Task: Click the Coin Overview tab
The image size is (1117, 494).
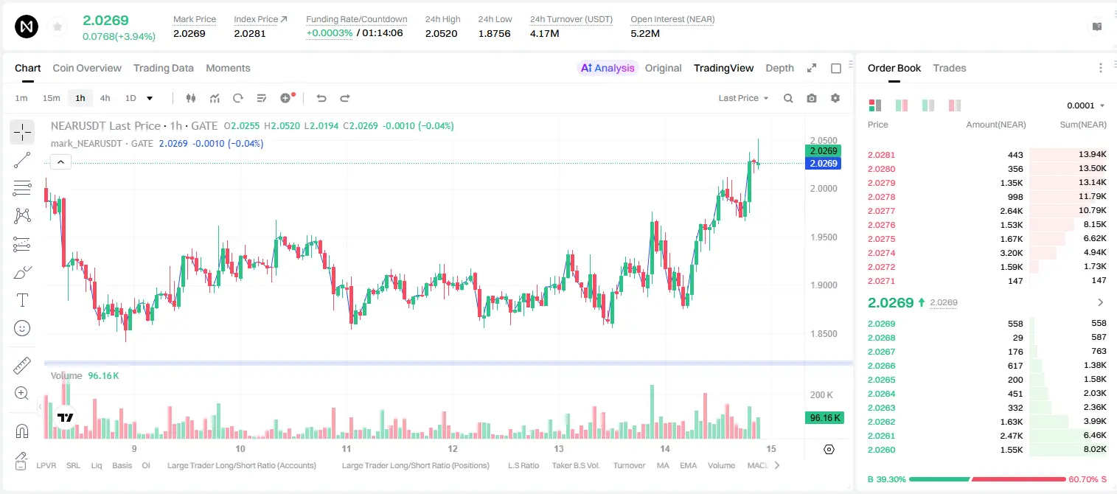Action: coord(87,68)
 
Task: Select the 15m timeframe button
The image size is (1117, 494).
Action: coord(51,98)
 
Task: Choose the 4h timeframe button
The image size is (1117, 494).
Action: coord(105,98)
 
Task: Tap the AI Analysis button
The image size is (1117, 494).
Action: coord(608,68)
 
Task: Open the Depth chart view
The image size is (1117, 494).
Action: coord(779,68)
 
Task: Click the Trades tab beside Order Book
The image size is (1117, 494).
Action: coord(950,68)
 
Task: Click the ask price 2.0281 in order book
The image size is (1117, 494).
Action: coord(881,155)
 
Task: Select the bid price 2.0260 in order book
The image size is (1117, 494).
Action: coord(881,450)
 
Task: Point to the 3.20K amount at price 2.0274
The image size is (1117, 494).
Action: coord(1012,253)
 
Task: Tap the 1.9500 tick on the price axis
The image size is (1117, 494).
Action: coord(824,237)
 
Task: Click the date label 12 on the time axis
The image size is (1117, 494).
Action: coord(452,448)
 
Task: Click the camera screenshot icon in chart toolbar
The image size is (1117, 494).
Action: coord(812,98)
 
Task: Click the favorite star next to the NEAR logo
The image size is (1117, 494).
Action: coord(58,27)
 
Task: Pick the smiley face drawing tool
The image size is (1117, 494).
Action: coord(22,328)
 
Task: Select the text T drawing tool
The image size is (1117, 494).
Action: coord(22,300)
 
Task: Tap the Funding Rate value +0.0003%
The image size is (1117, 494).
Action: coord(329,33)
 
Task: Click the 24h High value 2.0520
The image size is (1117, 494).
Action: coord(442,33)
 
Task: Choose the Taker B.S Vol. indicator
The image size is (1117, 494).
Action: coord(575,465)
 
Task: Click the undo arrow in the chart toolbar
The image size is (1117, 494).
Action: coord(321,98)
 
